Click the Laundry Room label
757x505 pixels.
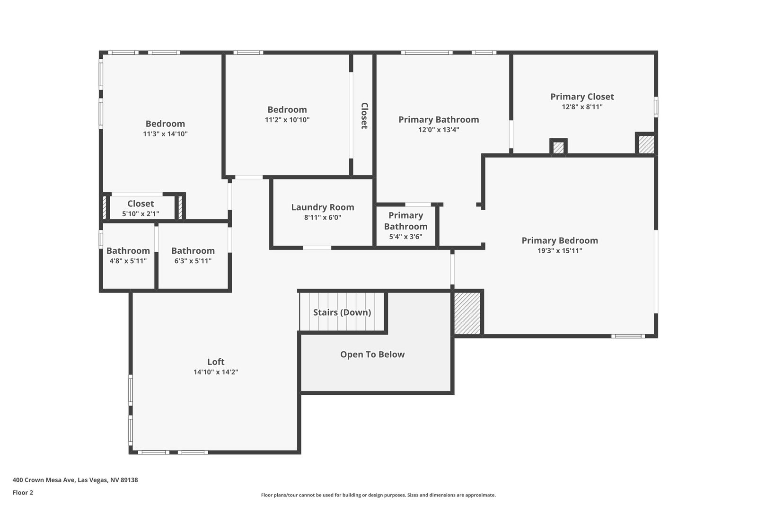tap(323, 207)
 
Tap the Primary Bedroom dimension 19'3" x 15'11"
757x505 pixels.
tap(560, 251)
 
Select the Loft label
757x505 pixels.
tap(216, 362)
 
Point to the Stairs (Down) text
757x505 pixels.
tap(342, 312)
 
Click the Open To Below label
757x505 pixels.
tap(372, 354)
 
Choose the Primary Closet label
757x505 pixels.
tap(582, 97)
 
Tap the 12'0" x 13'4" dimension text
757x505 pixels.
tap(439, 130)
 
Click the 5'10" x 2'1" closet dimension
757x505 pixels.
tap(141, 214)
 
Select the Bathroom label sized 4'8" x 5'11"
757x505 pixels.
tap(128, 251)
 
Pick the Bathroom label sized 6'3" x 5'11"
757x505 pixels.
tap(193, 251)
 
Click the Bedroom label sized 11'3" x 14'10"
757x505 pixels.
tap(165, 124)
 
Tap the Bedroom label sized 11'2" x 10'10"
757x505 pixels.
tap(287, 110)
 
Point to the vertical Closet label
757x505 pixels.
tap(364, 115)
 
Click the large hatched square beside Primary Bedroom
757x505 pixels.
tap(467, 313)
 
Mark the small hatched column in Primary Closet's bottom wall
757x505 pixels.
tap(558, 148)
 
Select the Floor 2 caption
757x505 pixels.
tap(23, 493)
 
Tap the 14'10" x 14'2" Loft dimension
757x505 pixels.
tap(216, 372)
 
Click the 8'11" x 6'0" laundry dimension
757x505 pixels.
tap(323, 217)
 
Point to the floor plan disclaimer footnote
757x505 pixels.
tap(378, 495)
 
